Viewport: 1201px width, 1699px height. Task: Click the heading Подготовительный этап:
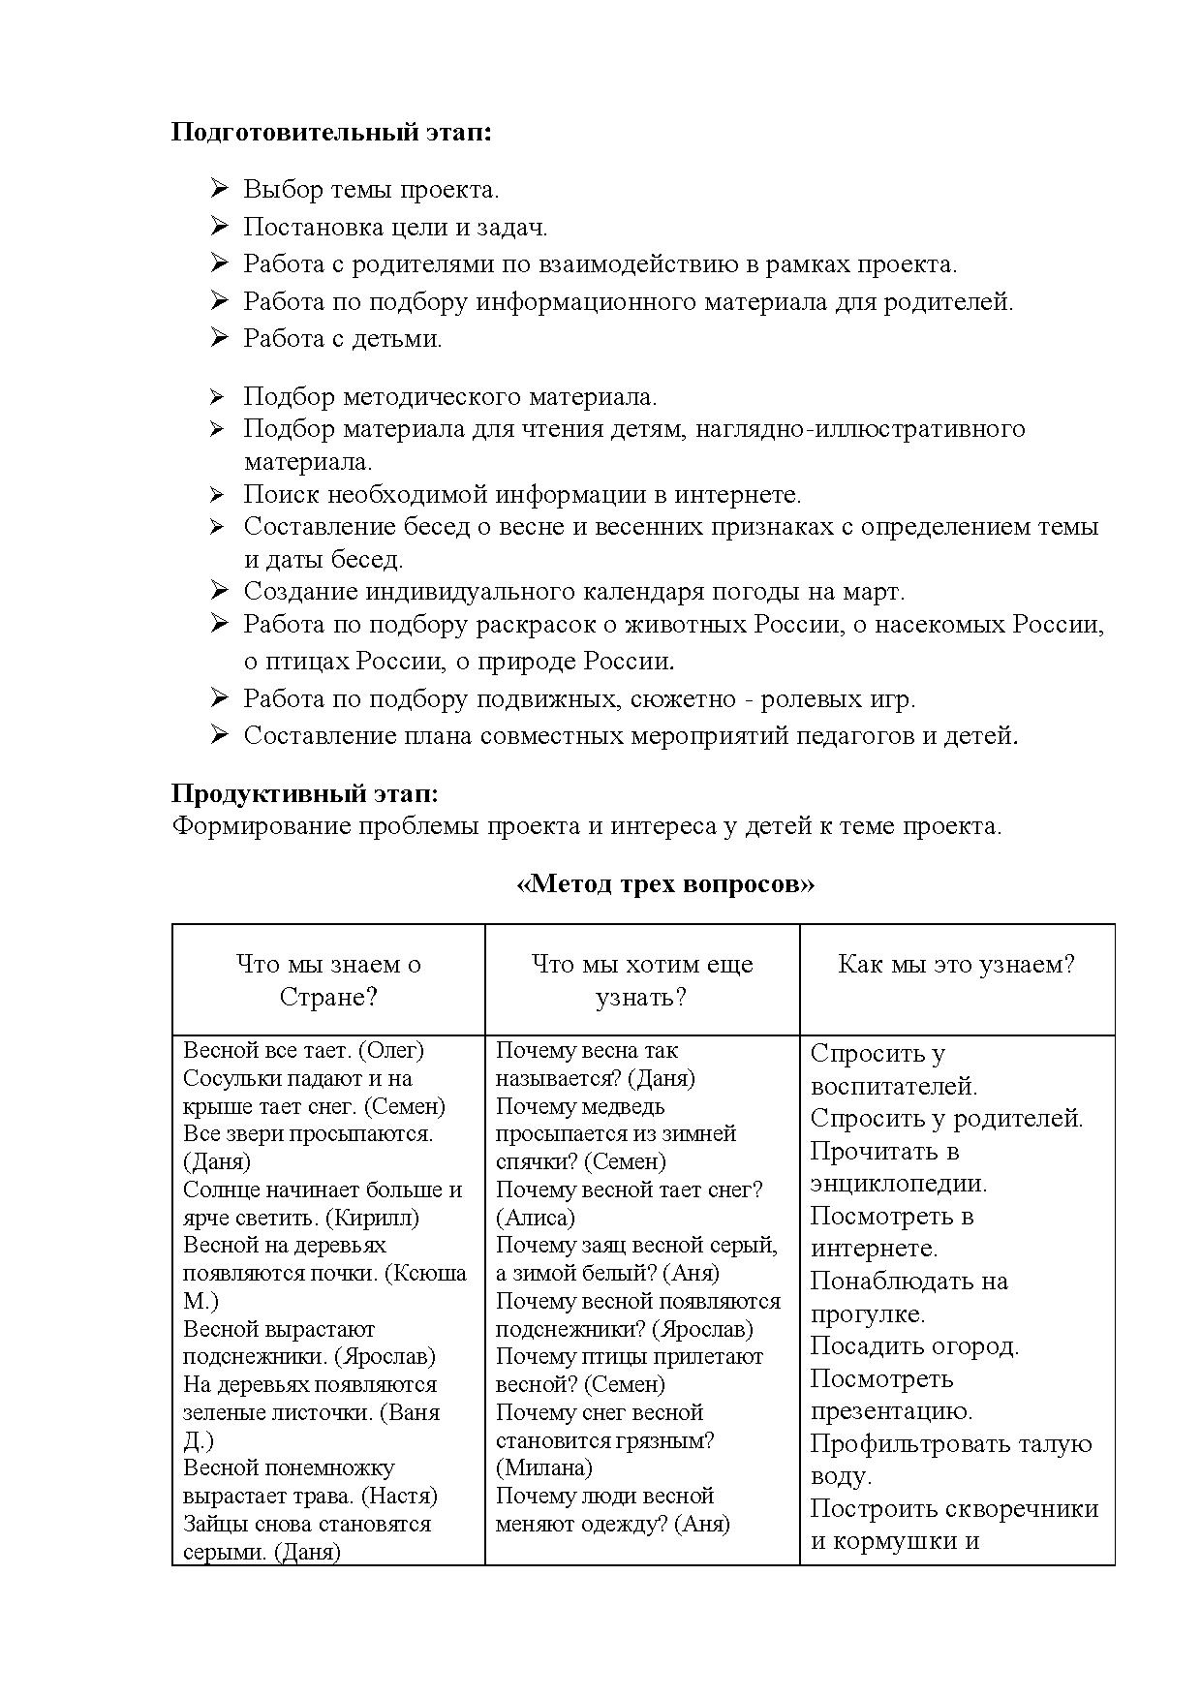click(331, 132)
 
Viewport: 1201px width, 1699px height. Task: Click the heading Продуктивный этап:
click(304, 794)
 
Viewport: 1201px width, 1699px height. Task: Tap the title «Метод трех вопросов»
click(665, 884)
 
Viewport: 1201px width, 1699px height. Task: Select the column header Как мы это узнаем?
click(956, 965)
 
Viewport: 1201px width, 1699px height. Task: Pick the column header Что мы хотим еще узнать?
click(641, 980)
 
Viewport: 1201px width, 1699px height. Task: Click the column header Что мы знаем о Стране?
click(328, 980)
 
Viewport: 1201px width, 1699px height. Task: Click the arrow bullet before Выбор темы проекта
click(219, 189)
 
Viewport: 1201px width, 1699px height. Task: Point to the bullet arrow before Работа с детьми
click(219, 338)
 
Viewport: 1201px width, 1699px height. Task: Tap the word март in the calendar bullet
click(868, 591)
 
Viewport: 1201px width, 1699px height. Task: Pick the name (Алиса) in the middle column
click(535, 1218)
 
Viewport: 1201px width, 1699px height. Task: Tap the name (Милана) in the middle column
click(543, 1467)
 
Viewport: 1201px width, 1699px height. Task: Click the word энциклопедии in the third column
click(899, 1184)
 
